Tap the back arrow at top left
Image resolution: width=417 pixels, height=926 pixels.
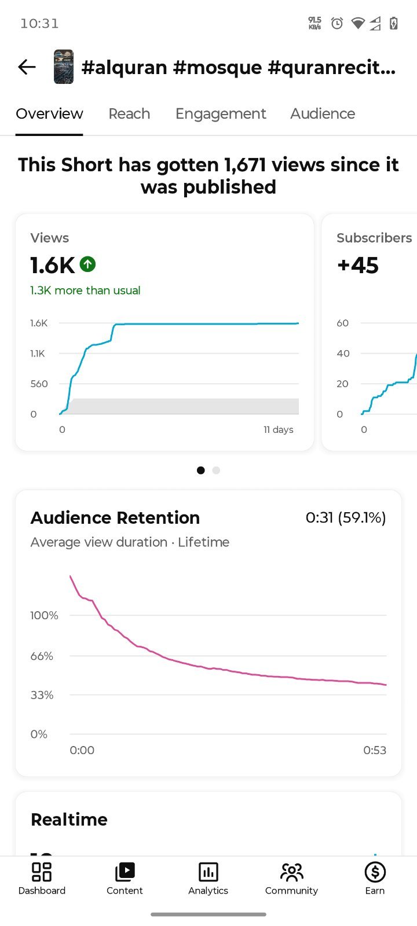point(27,67)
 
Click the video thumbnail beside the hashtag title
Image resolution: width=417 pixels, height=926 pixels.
point(64,67)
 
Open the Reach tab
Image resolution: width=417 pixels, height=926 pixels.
point(129,113)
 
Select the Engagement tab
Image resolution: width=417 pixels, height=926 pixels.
point(221,114)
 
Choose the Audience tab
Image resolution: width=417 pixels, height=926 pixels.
point(323,113)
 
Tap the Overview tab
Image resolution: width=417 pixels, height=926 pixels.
point(49,113)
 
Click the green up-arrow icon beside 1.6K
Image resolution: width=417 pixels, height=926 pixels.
point(87,264)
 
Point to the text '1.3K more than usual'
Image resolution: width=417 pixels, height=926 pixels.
point(85,290)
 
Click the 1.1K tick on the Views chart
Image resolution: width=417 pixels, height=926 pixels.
point(37,354)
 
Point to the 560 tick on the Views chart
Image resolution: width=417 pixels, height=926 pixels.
point(39,384)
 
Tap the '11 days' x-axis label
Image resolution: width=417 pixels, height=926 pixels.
point(279,429)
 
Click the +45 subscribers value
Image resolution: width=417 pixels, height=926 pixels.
point(358,265)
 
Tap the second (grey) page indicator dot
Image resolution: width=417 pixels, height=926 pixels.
point(216,470)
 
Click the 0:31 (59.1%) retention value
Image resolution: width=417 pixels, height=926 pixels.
point(346,517)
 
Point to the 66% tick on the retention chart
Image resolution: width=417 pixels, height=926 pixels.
point(42,656)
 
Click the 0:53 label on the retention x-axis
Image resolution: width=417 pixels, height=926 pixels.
point(375,750)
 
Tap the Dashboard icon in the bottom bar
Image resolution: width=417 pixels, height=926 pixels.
point(42,872)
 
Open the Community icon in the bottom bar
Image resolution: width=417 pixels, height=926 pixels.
point(292,872)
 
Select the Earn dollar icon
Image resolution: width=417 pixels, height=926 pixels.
point(375,872)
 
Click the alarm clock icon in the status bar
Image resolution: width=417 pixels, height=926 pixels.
point(337,23)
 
